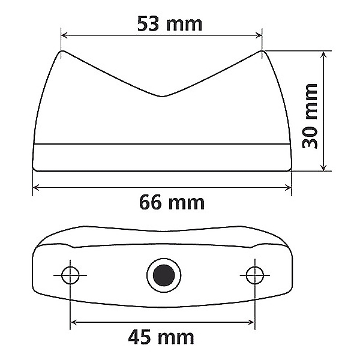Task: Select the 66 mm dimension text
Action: (x=172, y=202)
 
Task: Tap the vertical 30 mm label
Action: (x=310, y=115)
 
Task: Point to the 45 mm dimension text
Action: (x=161, y=337)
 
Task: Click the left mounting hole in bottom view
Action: (x=71, y=275)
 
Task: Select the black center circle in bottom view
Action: (x=163, y=275)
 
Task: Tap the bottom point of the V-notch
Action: (x=163, y=96)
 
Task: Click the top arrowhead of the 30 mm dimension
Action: (x=325, y=55)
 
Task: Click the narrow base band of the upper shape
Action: (x=162, y=157)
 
